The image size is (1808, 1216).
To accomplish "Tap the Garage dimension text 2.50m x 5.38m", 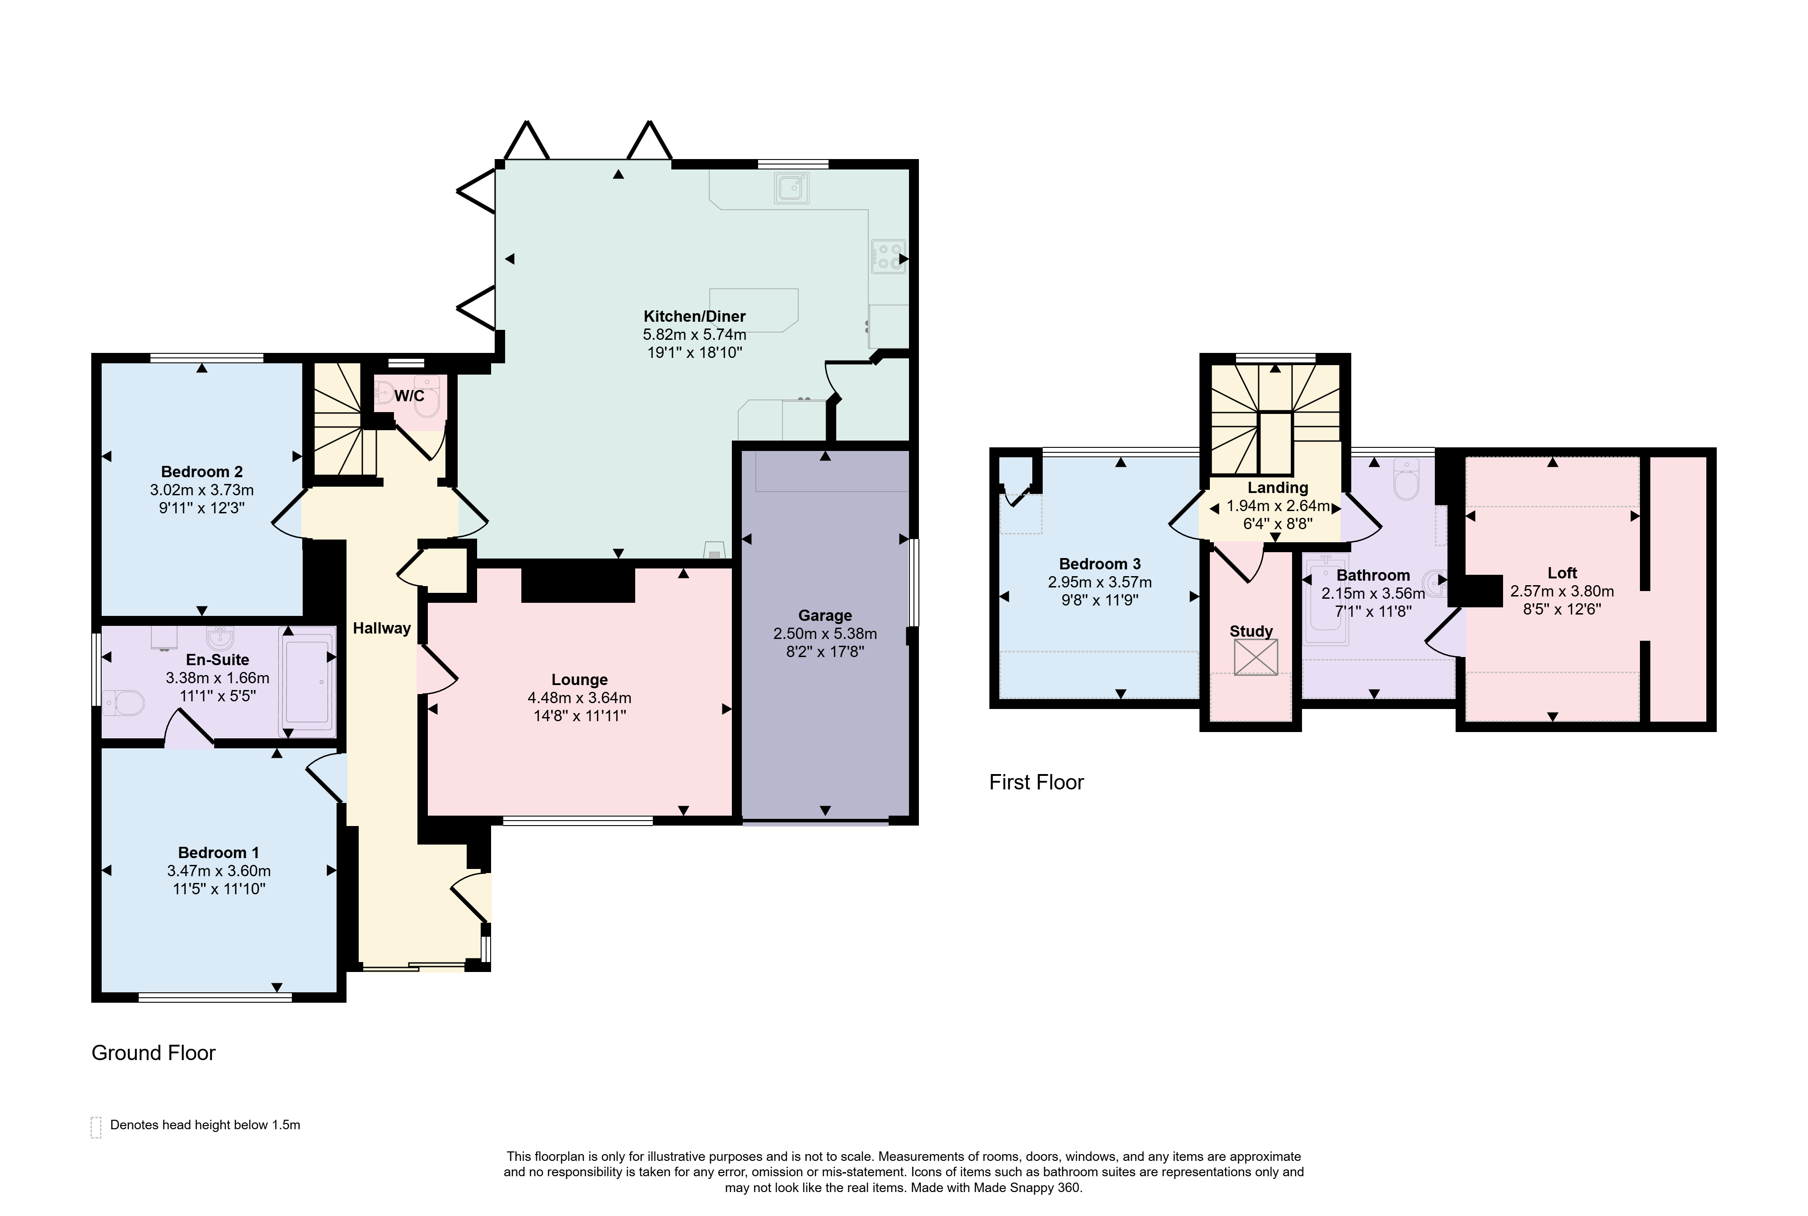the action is pos(825,634).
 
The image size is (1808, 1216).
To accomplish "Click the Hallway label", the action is pos(381,628).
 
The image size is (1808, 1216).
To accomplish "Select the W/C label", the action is pos(409,396).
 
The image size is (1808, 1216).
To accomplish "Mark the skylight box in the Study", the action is pos(1255,657).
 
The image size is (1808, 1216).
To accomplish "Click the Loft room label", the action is pos(1562,573).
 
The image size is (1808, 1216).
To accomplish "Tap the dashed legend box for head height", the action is pos(96,1127).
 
